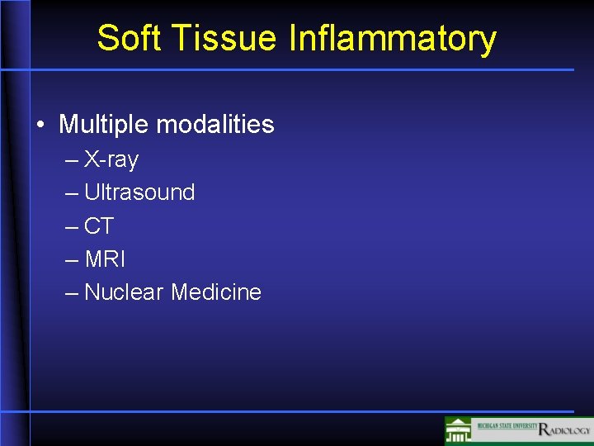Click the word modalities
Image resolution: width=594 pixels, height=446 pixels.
(215, 125)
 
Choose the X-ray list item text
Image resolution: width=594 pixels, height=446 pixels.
(111, 159)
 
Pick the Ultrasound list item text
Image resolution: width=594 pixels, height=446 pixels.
(139, 192)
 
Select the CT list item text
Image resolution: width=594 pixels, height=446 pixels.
(99, 225)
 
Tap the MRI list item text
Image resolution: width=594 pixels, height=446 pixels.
(105, 259)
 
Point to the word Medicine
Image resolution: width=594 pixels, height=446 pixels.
(216, 292)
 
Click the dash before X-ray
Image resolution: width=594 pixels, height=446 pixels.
(72, 160)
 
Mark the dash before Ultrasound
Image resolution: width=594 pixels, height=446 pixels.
(72, 193)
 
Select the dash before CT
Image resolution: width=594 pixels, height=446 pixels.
(72, 226)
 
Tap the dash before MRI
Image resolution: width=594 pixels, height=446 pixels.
(72, 259)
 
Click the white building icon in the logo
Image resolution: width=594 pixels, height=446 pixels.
(459, 431)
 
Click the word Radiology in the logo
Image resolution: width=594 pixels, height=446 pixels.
(564, 429)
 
